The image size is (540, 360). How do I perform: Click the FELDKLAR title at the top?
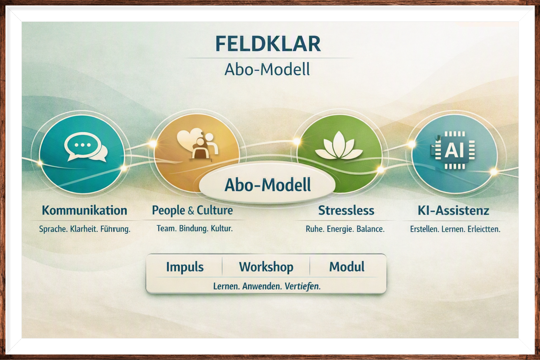[x=268, y=44]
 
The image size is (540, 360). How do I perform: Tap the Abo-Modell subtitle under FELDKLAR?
[x=267, y=69]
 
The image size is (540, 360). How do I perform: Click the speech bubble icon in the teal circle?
[x=85, y=147]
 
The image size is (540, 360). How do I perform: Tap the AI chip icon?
[x=453, y=150]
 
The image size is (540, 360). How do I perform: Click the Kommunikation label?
[x=85, y=210]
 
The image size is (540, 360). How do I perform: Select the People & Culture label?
[x=192, y=210]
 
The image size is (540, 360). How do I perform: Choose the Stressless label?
[x=346, y=210]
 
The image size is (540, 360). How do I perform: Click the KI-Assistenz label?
[x=453, y=211]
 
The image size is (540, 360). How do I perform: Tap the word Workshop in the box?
[x=266, y=267]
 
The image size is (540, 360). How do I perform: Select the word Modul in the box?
[x=347, y=267]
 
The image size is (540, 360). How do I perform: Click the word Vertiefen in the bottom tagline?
[x=303, y=286]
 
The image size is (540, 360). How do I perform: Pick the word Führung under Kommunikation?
[x=115, y=229]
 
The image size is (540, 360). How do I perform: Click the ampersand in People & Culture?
[x=191, y=211]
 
